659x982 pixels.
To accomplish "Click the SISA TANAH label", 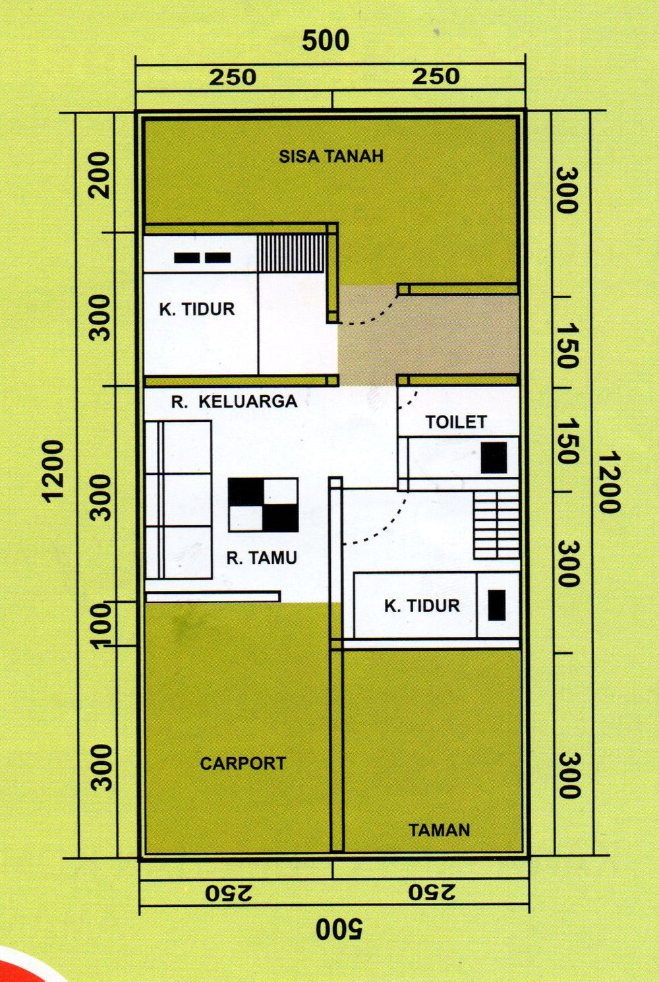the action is (331, 156).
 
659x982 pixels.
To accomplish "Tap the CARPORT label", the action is (243, 763).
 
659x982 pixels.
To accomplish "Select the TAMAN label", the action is (439, 830).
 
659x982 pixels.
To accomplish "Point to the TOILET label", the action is (456, 421).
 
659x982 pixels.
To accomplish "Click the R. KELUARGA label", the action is (235, 401).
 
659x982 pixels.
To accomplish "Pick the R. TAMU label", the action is (262, 558).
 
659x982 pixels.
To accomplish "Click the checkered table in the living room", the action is (263, 505).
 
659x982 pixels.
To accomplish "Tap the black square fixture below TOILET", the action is (494, 457).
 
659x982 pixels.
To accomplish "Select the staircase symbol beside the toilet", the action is (496, 525).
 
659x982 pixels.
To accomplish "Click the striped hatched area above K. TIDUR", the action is (292, 253).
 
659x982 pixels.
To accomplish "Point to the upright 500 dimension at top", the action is (326, 40).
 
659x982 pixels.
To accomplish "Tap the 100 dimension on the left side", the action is (101, 626).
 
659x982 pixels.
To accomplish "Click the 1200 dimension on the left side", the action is (54, 470).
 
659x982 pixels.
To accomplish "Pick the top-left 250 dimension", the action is (232, 78).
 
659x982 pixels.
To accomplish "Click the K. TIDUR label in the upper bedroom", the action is (197, 309).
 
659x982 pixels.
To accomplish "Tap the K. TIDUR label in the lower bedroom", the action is (422, 606).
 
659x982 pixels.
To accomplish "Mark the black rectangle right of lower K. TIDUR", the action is (496, 605).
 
